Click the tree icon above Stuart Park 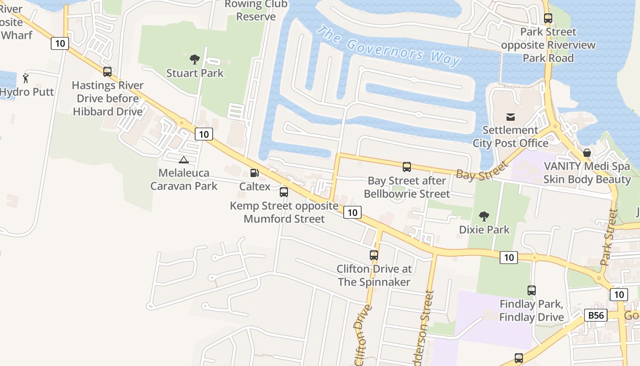[195, 59]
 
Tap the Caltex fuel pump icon [255, 173]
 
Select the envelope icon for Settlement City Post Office [510, 117]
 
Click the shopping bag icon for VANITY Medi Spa [587, 153]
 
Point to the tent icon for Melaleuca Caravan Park [184, 160]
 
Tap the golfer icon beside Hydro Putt [26, 78]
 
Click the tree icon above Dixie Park [484, 216]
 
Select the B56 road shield [596, 315]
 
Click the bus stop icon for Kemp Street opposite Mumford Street [284, 192]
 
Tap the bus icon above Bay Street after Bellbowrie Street [407, 167]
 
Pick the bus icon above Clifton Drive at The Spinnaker [374, 255]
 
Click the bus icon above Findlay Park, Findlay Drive [531, 291]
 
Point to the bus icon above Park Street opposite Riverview [548, 19]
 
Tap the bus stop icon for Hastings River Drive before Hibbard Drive [107, 72]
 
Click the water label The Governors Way [389, 46]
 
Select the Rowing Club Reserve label [256, 11]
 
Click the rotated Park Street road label [609, 238]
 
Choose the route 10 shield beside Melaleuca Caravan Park [203, 134]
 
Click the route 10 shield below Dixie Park [508, 258]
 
